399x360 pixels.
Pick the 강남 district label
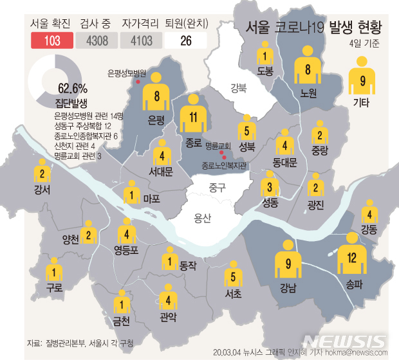[x=288, y=289]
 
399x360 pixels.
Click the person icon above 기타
[x=363, y=76]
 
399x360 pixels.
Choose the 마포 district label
[x=152, y=199]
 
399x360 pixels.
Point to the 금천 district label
[x=121, y=320]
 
